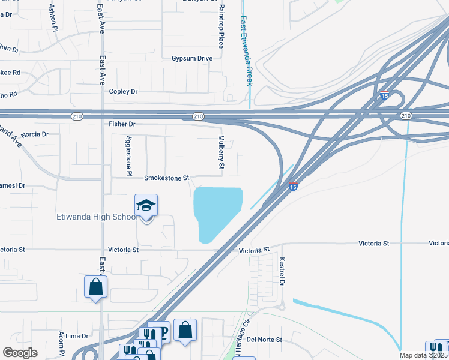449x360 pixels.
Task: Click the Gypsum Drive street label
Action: click(192, 58)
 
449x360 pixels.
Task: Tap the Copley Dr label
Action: click(123, 91)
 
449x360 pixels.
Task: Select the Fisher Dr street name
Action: click(122, 124)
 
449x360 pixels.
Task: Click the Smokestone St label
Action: click(166, 178)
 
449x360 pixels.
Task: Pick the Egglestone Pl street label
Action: click(128, 154)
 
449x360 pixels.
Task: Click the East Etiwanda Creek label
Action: click(246, 50)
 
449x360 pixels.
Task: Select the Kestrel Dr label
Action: click(280, 272)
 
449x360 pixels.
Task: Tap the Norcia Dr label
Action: click(34, 134)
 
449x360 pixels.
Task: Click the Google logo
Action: click(20, 353)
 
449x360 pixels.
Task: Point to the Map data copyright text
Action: click(424, 355)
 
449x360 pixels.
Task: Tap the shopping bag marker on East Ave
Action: click(96, 287)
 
